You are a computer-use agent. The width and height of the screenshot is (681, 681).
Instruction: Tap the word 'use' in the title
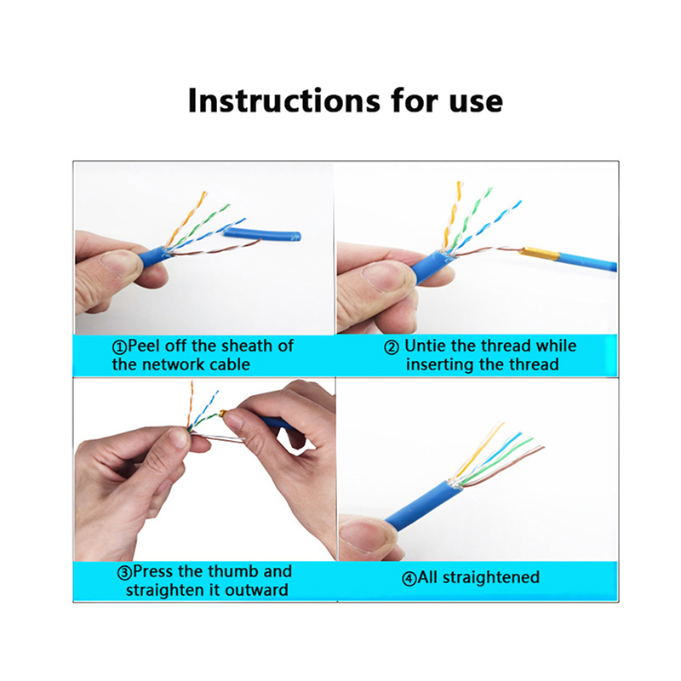click(476, 103)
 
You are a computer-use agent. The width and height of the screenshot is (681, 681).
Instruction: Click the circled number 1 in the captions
click(119, 347)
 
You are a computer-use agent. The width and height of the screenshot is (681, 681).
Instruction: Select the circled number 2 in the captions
click(392, 347)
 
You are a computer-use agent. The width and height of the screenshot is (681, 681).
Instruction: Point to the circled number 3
click(124, 572)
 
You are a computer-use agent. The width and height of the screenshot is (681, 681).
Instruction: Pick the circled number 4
click(409, 579)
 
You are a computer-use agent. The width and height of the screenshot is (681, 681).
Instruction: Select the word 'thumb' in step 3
click(232, 571)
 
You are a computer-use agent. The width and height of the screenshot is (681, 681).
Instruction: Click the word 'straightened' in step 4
click(491, 578)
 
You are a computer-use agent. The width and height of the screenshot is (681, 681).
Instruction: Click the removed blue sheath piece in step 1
click(262, 235)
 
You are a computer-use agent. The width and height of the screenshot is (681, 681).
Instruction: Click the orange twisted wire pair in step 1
click(186, 219)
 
